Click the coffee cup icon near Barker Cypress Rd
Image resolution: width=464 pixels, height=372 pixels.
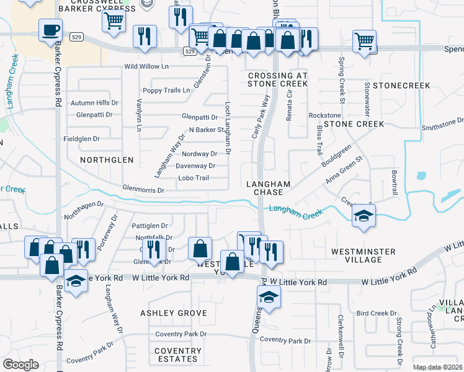pyautogui.click(x=50, y=29)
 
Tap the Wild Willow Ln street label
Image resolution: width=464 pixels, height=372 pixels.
pyautogui.click(x=146, y=66)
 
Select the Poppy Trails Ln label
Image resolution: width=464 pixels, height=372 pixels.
pyautogui.click(x=166, y=91)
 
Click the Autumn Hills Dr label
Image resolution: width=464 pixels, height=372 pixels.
pyautogui.click(x=94, y=103)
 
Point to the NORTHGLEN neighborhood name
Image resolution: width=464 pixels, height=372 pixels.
pyautogui.click(x=107, y=160)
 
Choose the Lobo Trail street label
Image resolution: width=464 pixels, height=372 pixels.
pyautogui.click(x=194, y=178)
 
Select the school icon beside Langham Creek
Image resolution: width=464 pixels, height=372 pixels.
pyautogui.click(x=364, y=216)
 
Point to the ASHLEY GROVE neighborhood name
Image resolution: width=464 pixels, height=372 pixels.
pyautogui.click(x=174, y=314)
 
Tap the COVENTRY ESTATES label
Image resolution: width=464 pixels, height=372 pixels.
pyautogui.click(x=178, y=355)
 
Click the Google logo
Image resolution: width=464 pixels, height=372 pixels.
pyautogui.click(x=20, y=365)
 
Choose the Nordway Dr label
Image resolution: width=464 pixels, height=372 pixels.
pyautogui.click(x=200, y=154)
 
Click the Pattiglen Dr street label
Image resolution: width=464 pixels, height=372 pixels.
pyautogui.click(x=151, y=226)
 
